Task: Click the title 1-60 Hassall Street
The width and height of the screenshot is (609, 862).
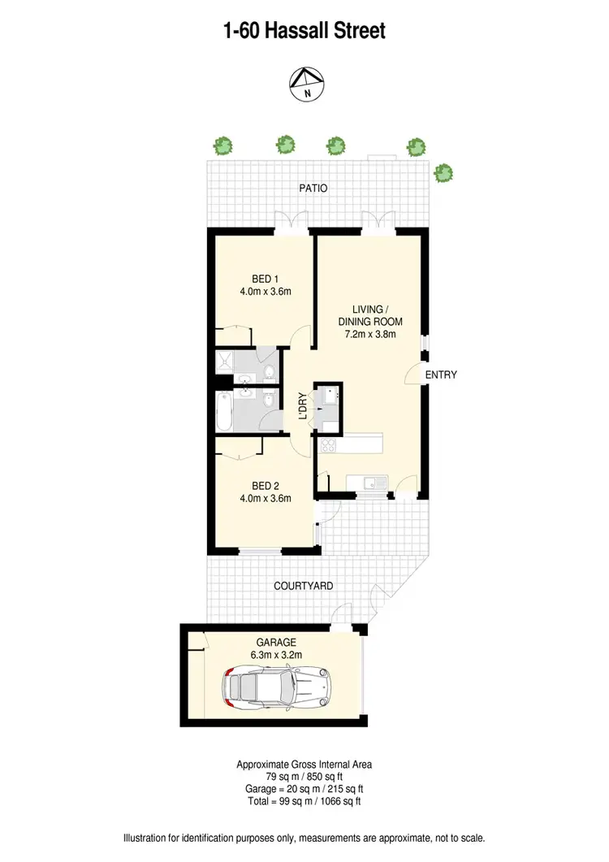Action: (x=304, y=31)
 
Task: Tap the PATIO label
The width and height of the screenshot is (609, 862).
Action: (x=313, y=188)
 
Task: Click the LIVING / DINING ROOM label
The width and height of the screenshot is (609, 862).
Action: (x=370, y=315)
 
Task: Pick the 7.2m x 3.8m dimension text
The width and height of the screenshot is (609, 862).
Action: (x=370, y=334)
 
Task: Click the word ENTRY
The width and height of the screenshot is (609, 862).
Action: (x=442, y=375)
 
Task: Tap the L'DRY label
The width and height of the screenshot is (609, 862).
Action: (x=302, y=406)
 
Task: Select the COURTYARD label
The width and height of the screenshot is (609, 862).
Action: (x=303, y=586)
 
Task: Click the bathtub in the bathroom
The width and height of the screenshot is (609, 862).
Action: (x=224, y=412)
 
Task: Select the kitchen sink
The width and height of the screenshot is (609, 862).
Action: (x=374, y=484)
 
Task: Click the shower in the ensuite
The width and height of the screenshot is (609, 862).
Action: (x=222, y=362)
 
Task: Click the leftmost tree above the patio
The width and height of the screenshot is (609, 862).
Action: (x=222, y=146)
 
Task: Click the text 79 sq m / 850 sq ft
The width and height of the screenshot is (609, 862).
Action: (x=304, y=776)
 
